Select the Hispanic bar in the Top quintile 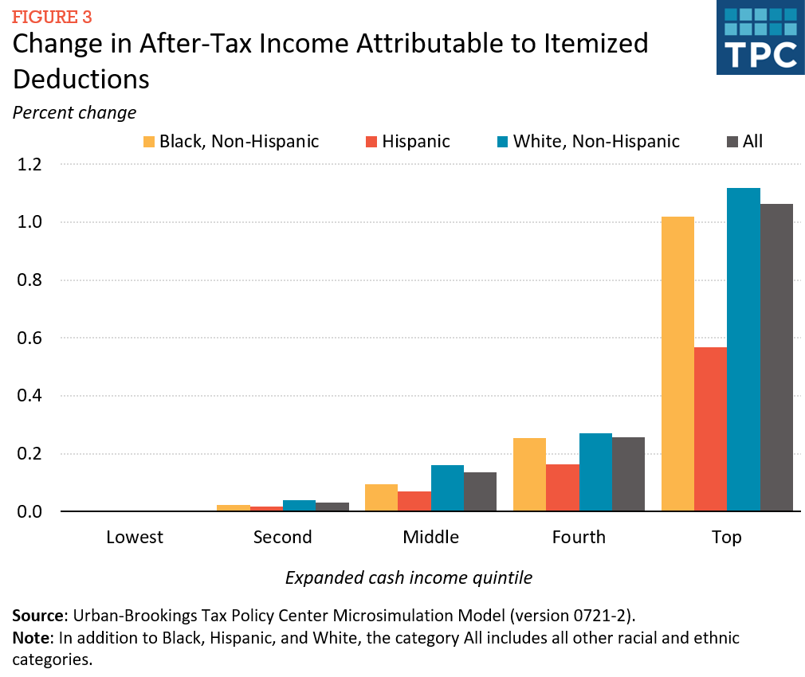(710, 429)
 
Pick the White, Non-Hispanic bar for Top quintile (744, 350)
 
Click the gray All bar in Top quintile (776, 358)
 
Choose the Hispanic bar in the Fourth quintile (562, 487)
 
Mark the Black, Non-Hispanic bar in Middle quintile (381, 498)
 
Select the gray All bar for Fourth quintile (628, 475)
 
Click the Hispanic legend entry (406, 142)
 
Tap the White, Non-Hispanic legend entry (587, 142)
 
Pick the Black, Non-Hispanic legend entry (230, 142)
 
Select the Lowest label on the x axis (135, 537)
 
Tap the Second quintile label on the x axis (282, 537)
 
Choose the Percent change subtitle (74, 112)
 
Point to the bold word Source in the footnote (37, 616)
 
